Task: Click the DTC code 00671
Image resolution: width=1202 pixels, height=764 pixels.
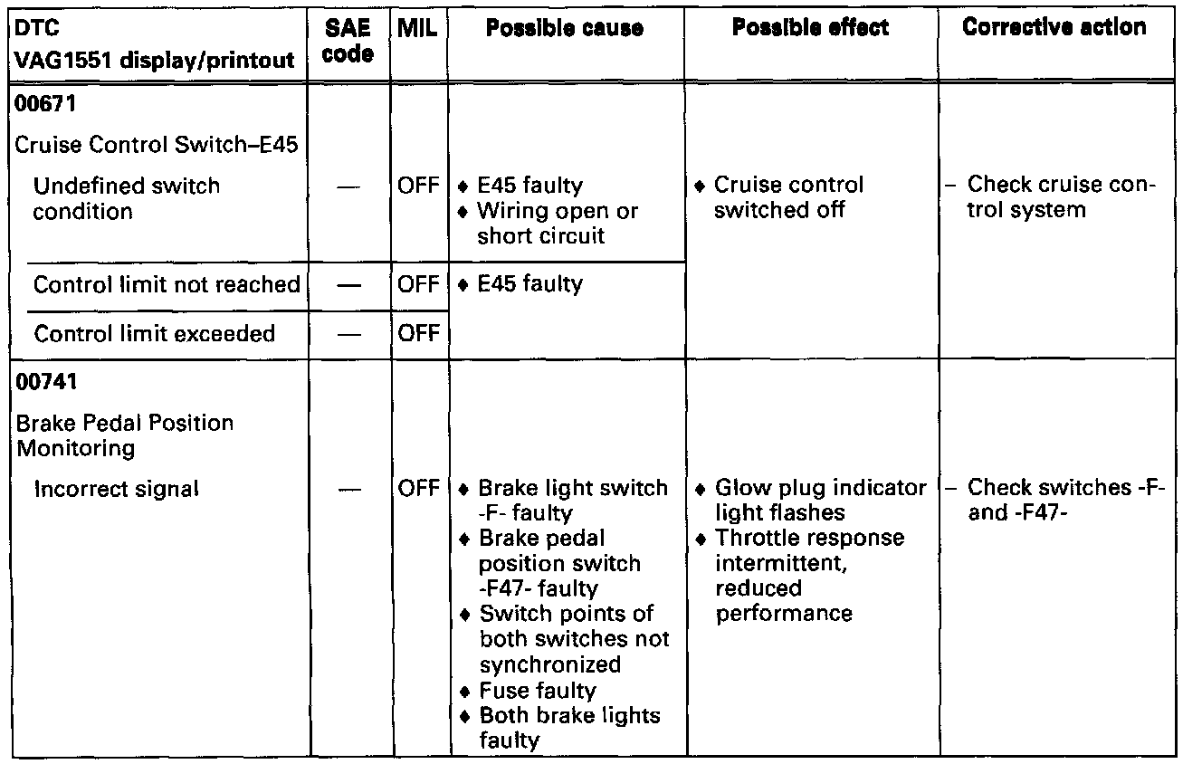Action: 43,104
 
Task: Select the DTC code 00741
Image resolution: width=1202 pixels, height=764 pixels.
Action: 43,382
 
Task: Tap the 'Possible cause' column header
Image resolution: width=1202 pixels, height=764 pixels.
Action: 565,28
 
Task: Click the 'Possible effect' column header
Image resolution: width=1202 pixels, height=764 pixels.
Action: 810,28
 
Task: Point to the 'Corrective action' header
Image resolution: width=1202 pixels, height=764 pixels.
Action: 1054,28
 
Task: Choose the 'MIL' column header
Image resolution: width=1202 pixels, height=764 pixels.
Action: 417,28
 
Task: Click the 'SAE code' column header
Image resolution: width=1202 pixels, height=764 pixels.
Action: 348,42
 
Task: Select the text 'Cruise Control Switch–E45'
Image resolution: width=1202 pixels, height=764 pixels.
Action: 157,145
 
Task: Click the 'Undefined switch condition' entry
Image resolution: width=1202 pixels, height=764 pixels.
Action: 126,198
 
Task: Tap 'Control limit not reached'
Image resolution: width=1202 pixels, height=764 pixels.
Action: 167,284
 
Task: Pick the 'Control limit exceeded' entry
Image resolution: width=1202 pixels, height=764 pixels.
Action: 154,333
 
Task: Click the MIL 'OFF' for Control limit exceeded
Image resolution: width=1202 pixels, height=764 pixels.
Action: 418,333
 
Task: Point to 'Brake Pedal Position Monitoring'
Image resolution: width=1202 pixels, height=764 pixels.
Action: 124,435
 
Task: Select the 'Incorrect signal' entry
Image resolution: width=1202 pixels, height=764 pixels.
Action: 116,489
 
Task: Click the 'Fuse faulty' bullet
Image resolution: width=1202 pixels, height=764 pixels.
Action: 538,691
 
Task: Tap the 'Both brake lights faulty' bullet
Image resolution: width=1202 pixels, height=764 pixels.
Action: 569,728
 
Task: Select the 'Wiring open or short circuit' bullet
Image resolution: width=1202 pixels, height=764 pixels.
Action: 558,224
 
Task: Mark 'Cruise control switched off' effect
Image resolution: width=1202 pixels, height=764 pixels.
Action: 788,197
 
